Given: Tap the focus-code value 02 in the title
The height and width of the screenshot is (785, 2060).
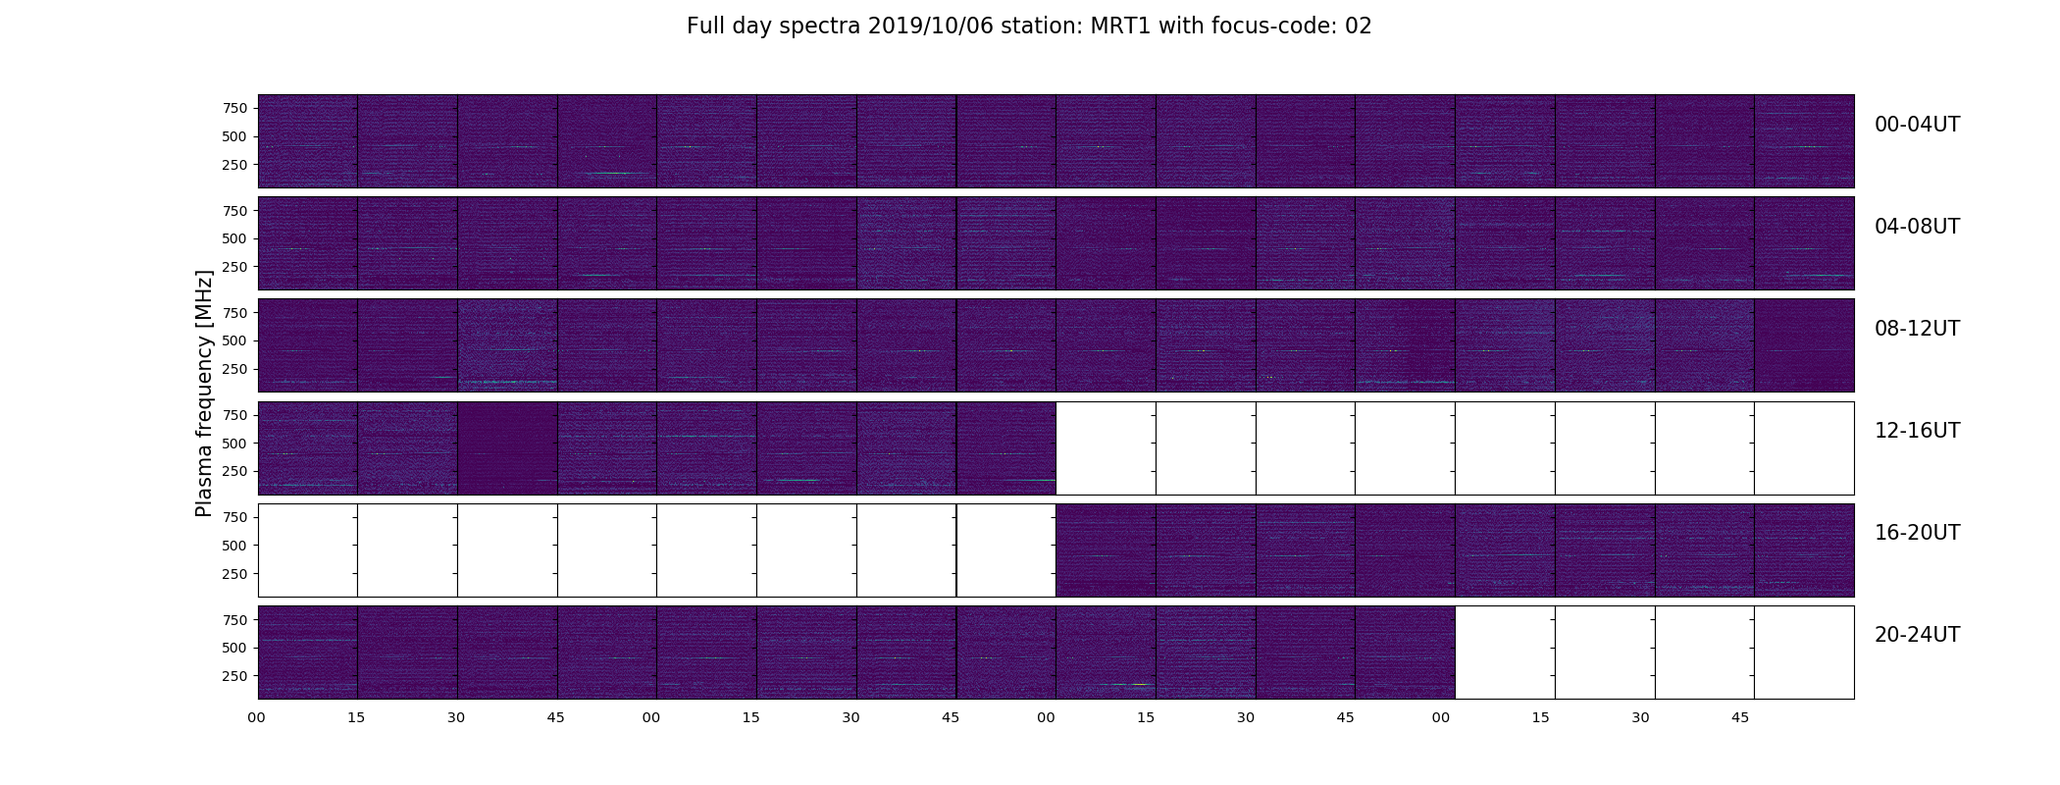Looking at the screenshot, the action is (x=1358, y=26).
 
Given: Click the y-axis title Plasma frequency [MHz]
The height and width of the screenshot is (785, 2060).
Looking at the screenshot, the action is (x=204, y=393).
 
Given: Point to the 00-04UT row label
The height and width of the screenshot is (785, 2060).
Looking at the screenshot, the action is (x=1917, y=125).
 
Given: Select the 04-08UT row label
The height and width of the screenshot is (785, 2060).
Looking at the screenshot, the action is (x=1917, y=227).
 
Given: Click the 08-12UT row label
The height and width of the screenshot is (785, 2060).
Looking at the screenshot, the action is (x=1917, y=329).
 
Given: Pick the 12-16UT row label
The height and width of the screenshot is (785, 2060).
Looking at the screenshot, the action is (x=1917, y=431).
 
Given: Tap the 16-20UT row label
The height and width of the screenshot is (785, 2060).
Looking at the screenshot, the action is (x=1917, y=533).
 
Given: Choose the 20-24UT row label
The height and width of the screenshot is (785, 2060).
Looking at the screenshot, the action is (x=1917, y=635).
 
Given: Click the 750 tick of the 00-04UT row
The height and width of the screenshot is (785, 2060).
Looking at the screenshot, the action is (x=235, y=108).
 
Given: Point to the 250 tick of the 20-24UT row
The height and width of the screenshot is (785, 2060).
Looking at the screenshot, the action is (x=235, y=676).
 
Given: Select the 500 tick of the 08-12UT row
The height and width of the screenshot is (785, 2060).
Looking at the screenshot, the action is (x=235, y=340).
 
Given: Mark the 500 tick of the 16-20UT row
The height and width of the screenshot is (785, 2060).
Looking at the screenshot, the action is (x=235, y=546).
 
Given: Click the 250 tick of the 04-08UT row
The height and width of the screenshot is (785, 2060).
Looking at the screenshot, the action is (x=235, y=267).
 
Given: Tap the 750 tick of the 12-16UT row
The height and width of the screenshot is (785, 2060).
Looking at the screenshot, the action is (x=235, y=415).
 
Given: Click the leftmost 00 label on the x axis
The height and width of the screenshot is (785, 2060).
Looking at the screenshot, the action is (x=257, y=717).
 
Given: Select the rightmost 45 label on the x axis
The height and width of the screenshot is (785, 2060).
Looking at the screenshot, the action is (x=1740, y=717).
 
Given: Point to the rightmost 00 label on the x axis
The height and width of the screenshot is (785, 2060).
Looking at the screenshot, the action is (x=1441, y=717).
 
